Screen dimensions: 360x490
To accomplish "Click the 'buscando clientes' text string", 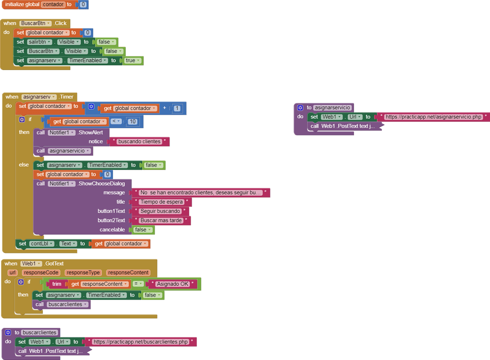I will pyautogui.click(x=138, y=142).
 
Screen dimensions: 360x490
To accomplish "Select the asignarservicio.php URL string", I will pyautogui.click(x=433, y=117).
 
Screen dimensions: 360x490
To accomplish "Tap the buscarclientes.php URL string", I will pyautogui.click(x=141, y=342).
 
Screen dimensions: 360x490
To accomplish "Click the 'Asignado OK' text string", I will pyautogui.click(x=172, y=284).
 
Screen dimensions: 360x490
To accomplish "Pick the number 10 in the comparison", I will pyautogui.click(x=133, y=121).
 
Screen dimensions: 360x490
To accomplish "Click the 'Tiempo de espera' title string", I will pyautogui.click(x=161, y=202).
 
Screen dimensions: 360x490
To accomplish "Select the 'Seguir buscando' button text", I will pyautogui.click(x=160, y=211).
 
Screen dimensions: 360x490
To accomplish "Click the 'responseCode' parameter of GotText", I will pyautogui.click(x=41, y=273).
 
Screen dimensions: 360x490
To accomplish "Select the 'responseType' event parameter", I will pyautogui.click(x=83, y=273).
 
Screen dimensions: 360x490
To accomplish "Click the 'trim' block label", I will pyautogui.click(x=57, y=284).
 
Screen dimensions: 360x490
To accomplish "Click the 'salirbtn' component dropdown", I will pyautogui.click(x=39, y=42).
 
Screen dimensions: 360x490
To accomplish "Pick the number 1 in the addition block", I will pyautogui.click(x=177, y=108).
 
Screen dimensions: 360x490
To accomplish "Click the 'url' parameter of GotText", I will pyautogui.click(x=12, y=273).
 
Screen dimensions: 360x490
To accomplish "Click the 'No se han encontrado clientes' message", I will pyautogui.click(x=201, y=192).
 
